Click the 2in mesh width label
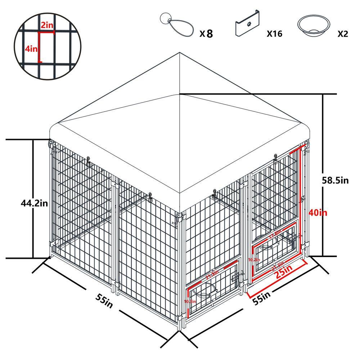(47, 25)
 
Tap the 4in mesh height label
(31, 49)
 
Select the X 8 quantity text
(207, 34)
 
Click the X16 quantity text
(274, 34)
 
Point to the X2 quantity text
(343, 34)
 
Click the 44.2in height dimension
(35, 203)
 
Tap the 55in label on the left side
(104, 300)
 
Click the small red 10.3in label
(190, 301)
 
